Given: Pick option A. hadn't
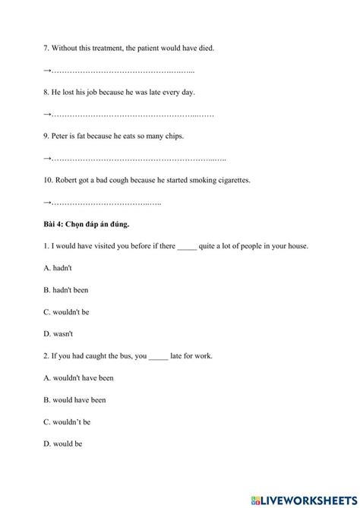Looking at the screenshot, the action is click(x=58, y=268).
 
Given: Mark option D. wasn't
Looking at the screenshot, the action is click(x=58, y=333).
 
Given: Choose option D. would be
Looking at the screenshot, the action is click(x=63, y=443).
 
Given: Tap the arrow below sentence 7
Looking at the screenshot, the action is click(x=47, y=71).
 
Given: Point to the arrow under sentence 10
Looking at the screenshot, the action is click(x=47, y=202).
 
